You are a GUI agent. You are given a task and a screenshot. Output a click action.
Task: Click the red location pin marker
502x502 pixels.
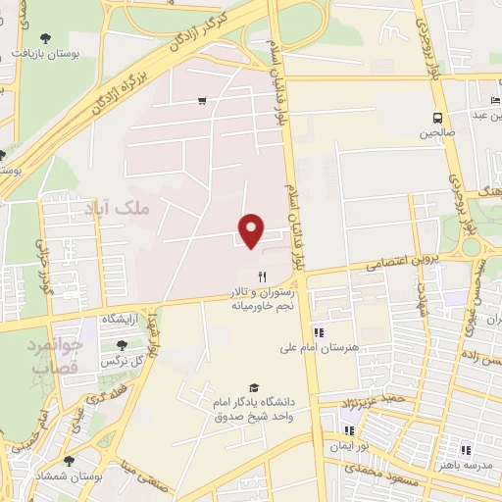coord(252,228)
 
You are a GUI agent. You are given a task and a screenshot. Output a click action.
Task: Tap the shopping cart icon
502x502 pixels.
coord(202,100)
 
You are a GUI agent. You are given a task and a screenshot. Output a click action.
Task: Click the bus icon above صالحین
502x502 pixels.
coord(436,119)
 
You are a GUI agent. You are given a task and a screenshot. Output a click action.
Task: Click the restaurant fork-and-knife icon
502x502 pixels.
coord(261,276)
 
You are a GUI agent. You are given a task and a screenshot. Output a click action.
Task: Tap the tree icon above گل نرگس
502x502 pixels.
coord(122,345)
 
